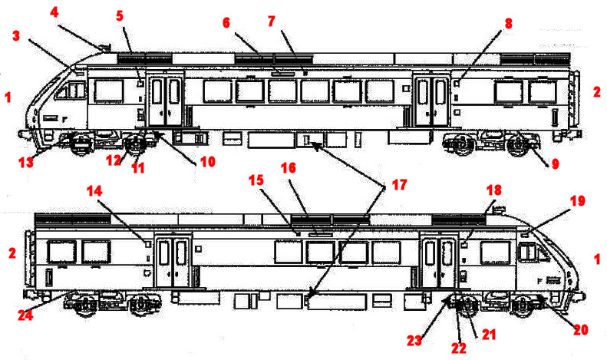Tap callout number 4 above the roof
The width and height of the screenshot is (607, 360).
tap(54, 12)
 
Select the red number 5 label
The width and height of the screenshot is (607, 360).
tap(120, 15)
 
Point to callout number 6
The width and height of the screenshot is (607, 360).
tap(226, 23)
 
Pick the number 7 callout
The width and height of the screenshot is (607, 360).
tap(271, 21)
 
